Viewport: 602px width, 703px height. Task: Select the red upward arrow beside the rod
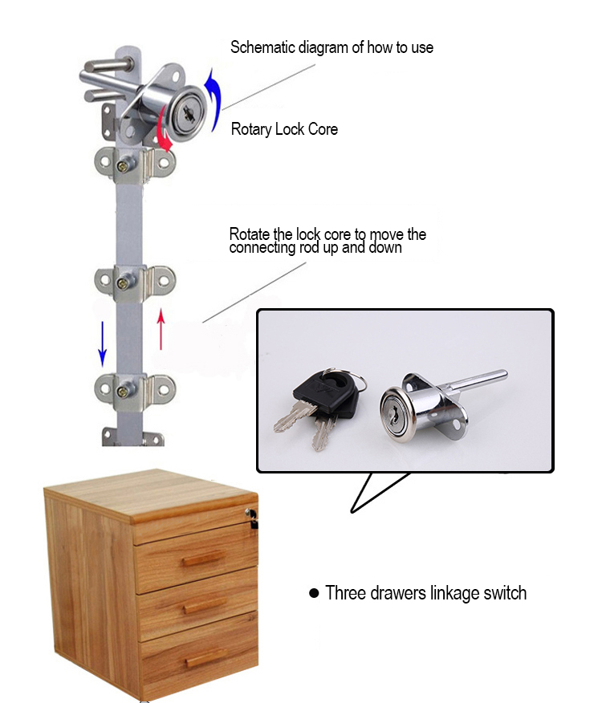[161, 329]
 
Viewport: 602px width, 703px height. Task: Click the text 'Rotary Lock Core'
[284, 129]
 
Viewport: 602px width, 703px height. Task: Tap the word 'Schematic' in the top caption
[262, 47]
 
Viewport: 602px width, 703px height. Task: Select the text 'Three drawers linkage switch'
[425, 593]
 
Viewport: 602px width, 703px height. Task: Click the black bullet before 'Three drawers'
[314, 594]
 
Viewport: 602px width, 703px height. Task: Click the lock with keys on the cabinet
[254, 517]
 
